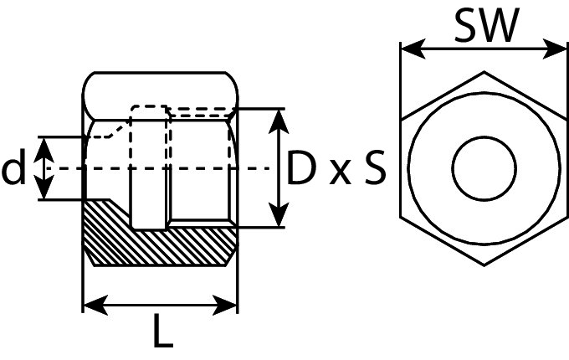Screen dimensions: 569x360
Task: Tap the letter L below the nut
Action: point(162,333)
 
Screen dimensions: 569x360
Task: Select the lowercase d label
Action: point(14,169)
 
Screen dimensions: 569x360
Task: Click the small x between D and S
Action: point(339,173)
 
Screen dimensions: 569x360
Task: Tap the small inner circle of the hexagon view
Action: point(484,167)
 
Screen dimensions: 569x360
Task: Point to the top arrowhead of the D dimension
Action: point(279,117)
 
